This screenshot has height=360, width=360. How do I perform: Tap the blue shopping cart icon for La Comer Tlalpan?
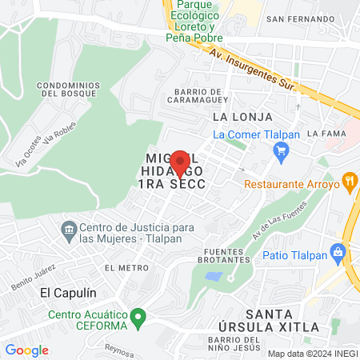[x=280, y=150]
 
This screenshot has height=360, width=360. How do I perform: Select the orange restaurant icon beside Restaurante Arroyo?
[x=349, y=182]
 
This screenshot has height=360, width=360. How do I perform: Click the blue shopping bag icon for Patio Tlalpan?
[x=338, y=254]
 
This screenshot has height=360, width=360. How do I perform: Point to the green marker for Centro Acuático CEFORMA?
[x=138, y=318]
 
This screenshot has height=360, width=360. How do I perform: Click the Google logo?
[x=26, y=350]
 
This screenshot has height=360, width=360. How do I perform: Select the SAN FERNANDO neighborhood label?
[x=298, y=18]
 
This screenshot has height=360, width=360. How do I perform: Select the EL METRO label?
[x=121, y=266]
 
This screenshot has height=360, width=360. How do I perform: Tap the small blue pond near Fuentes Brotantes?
[x=214, y=277]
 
